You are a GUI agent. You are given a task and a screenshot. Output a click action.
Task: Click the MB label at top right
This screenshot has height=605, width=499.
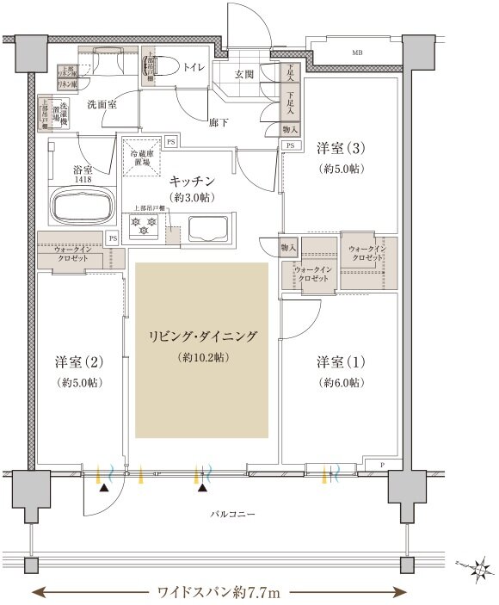pos(356,53)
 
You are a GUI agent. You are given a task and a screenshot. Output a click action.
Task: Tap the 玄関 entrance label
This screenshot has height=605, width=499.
pos(245,74)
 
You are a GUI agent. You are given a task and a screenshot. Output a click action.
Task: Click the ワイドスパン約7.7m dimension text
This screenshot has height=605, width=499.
pos(219,592)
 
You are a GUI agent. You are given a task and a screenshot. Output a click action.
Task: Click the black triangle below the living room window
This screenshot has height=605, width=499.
pos(202,488)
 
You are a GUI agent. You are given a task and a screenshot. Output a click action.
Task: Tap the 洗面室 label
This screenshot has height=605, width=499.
pos(102,103)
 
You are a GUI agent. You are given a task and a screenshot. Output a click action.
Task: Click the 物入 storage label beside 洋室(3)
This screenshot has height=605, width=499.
pos(290,129)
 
